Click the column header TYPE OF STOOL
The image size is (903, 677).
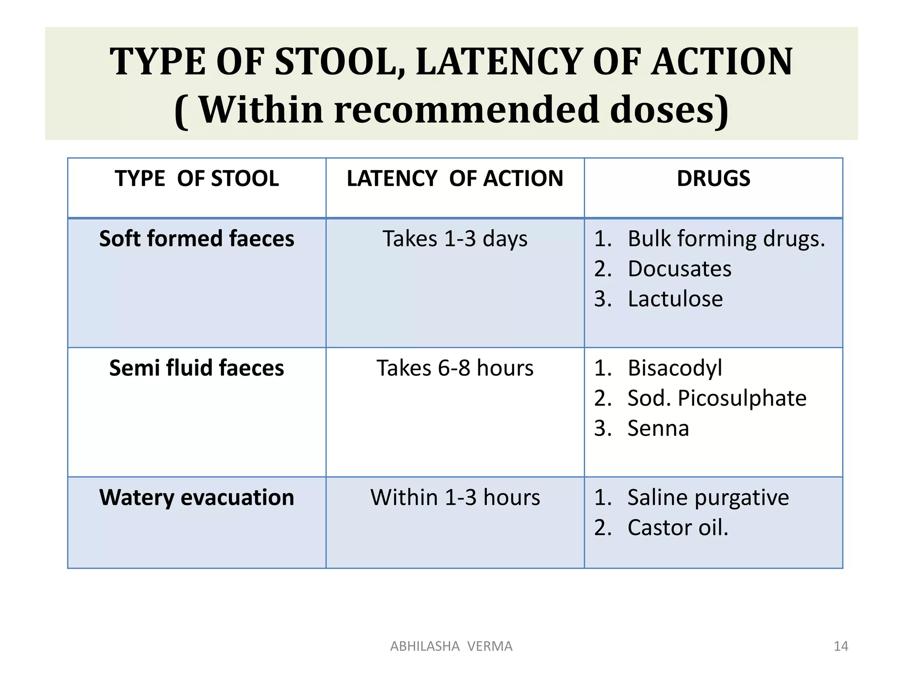[197, 179]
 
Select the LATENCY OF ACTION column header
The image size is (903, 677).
[455, 179]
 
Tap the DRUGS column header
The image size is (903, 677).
[713, 179]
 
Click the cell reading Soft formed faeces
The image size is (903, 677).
[197, 238]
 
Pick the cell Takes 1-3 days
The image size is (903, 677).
[455, 238]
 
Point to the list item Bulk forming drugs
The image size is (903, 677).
[726, 238]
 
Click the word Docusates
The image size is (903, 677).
[679, 269]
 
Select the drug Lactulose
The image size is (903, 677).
[675, 299]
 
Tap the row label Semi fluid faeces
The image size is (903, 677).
[197, 368]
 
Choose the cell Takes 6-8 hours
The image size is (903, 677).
[455, 368]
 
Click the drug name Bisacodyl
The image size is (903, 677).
[675, 368]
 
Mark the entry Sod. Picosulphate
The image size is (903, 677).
[716, 398]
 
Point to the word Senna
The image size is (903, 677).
[658, 428]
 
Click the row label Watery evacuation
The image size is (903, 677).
[197, 498]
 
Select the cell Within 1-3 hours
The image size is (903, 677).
[455, 498]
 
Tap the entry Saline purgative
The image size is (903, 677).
[708, 498]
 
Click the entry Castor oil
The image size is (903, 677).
[678, 528]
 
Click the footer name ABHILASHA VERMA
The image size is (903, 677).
[451, 646]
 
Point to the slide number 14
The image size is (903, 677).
[841, 646]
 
